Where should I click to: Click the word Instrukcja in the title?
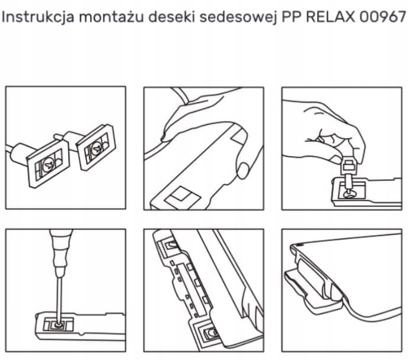pyautogui.click(x=38, y=17)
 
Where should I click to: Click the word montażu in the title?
pyautogui.click(x=111, y=17)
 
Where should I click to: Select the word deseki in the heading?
pyautogui.click(x=172, y=17)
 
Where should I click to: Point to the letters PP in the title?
pyautogui.click(x=292, y=17)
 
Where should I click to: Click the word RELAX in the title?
pyautogui.click(x=331, y=17)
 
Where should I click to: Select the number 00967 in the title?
pyautogui.click(x=382, y=17)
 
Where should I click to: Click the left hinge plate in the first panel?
pyautogui.click(x=49, y=164)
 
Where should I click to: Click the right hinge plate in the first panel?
pyautogui.click(x=95, y=148)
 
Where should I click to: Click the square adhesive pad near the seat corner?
pyautogui.click(x=183, y=197)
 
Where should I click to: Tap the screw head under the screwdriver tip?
pyautogui.click(x=59, y=326)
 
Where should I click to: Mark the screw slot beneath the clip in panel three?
pyautogui.click(x=350, y=194)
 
